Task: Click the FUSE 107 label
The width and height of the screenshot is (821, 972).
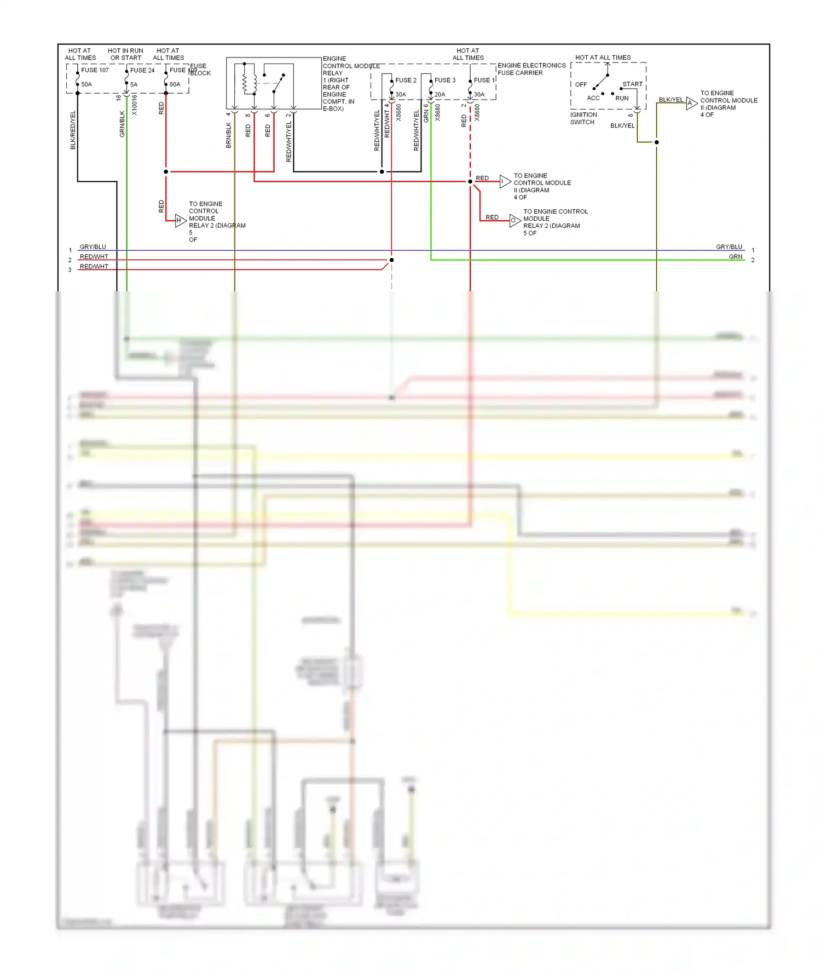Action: point(95,70)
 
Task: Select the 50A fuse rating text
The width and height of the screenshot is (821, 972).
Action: point(86,84)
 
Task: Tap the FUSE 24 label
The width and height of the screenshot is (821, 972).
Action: point(142,70)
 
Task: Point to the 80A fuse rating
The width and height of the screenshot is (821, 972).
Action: point(175,84)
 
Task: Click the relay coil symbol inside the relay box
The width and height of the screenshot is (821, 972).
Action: point(245,83)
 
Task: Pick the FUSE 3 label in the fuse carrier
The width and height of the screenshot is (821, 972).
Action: point(444,80)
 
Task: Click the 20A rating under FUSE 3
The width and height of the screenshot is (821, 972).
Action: point(440,94)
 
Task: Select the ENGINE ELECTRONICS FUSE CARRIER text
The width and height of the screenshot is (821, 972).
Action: point(531,69)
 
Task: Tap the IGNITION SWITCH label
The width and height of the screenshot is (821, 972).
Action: point(583,118)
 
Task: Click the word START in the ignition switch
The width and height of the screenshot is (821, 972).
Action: point(632,84)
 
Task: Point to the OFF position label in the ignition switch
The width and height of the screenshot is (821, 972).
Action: point(581,84)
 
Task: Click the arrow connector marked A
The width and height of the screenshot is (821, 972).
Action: point(691,103)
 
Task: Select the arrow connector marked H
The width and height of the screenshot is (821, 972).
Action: point(180,221)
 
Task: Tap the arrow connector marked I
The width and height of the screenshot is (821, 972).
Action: point(505,181)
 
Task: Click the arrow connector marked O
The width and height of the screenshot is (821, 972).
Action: point(514,221)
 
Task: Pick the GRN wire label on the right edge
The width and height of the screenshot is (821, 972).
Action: point(735,257)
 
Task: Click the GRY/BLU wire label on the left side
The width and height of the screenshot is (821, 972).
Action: point(93,247)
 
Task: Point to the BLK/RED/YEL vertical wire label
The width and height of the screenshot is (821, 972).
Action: point(73,130)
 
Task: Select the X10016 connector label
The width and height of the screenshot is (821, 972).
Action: point(135,105)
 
